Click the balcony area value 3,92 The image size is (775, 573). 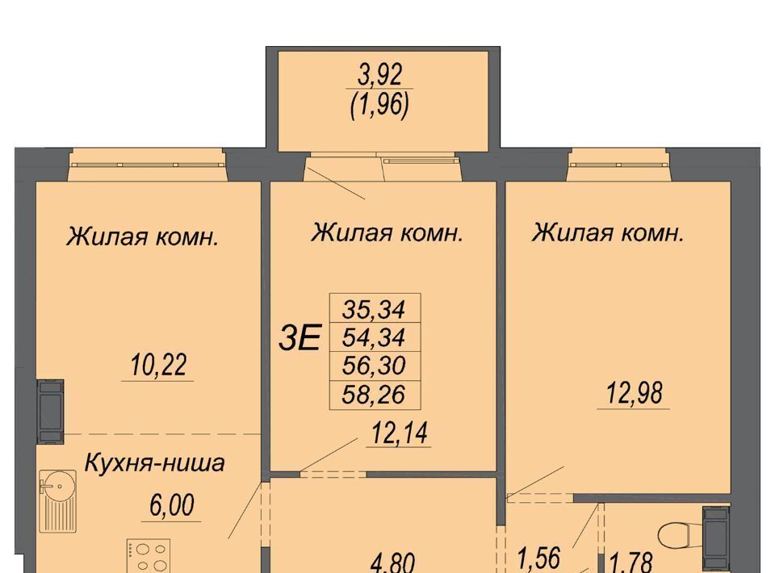click(x=380, y=75)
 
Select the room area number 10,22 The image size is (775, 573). click(x=159, y=366)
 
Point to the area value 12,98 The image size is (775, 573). click(x=635, y=394)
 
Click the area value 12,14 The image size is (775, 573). click(x=400, y=433)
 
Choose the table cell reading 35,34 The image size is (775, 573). click(x=374, y=309)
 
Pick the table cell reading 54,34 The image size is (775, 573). click(x=374, y=337)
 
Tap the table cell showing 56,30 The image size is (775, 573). click(x=374, y=366)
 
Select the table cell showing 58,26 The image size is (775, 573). click(x=374, y=395)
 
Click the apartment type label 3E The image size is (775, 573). click(x=300, y=338)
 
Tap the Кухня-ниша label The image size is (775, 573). click(x=155, y=463)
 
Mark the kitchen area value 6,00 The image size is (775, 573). click(x=171, y=506)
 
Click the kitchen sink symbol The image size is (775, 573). click(x=58, y=501)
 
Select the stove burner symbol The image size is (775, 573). click(x=149, y=556)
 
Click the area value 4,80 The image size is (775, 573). click(x=393, y=563)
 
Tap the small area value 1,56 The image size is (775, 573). click(x=538, y=558)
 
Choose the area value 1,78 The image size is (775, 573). click(x=631, y=563)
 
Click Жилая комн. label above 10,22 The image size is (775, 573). click(x=142, y=236)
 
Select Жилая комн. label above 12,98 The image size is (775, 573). click(x=608, y=232)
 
